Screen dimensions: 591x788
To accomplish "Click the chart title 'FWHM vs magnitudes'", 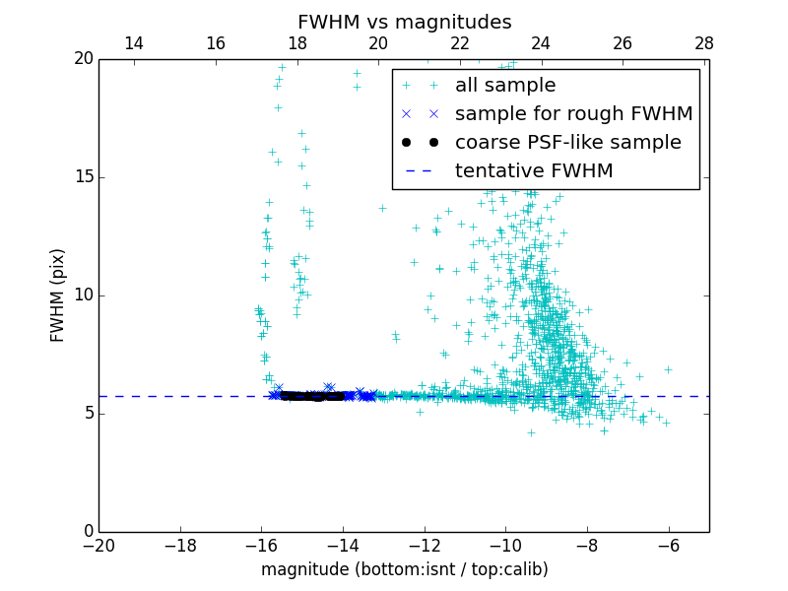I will coord(404,22).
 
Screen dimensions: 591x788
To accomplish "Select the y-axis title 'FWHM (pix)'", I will coord(58,295).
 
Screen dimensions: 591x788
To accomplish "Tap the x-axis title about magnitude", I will coord(404,569).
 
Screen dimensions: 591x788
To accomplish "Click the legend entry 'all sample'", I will coord(504,86).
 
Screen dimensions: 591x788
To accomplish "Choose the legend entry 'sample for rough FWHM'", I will coord(573,114).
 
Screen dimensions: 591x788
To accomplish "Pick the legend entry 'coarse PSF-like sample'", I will coord(567,143).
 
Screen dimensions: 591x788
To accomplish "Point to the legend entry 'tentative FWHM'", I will coord(533,171).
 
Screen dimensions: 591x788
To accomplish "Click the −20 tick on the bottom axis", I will coord(98,545).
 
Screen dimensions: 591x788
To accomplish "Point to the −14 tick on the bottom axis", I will coord(343,545).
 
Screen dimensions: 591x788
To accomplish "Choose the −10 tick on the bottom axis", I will coord(505,545).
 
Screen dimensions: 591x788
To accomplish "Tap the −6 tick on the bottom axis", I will coord(668,545).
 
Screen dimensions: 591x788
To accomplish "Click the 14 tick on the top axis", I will coord(134,43).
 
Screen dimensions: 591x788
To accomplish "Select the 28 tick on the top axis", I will coord(704,43).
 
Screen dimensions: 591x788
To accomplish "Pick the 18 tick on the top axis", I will coord(297,43).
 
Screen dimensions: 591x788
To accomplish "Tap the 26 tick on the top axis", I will coord(623,43).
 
